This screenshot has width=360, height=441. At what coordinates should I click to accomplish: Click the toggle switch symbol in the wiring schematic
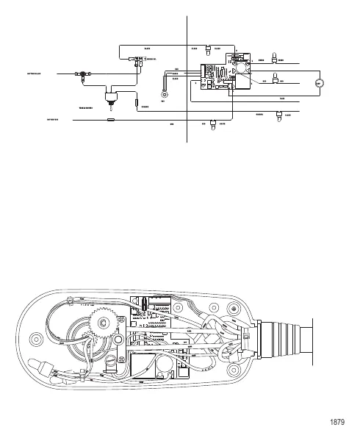pos(112,95)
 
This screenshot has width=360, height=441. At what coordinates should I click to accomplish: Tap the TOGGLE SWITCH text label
pos(87,107)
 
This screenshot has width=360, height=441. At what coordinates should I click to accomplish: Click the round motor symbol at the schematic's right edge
pos(317,83)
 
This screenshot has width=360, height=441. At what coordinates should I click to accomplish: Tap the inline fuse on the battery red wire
pos(111,118)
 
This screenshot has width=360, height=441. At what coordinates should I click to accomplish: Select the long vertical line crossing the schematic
pos(188,73)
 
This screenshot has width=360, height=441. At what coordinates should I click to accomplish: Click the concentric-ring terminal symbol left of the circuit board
pos(165,94)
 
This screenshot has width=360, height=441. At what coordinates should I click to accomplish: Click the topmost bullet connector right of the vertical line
pos(209,49)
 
